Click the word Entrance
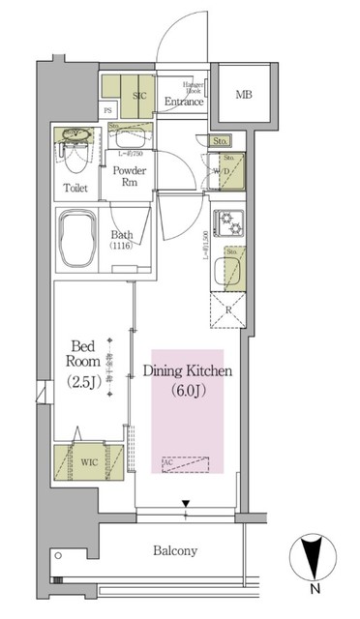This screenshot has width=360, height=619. coord(183,102)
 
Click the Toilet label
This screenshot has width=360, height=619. coord(77,188)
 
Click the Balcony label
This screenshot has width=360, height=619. coord(175,551)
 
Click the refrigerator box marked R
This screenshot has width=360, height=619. coord(228,310)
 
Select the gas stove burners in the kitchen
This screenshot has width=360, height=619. coord(229,223)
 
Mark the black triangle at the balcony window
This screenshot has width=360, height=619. coord(186,502)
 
